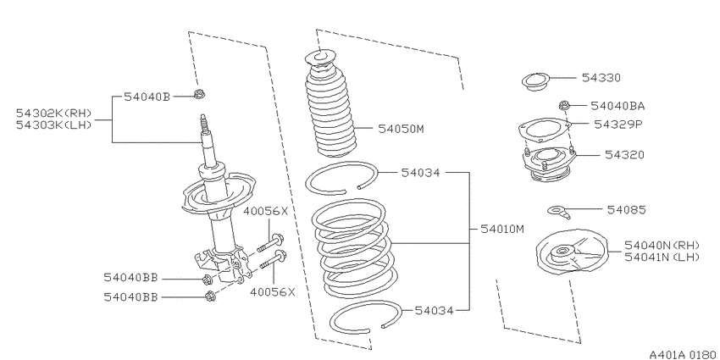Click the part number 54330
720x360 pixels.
601,78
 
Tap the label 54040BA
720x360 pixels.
618,106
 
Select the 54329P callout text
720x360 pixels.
618,125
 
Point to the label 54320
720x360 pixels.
624,155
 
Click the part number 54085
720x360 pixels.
626,210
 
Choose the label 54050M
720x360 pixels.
401,129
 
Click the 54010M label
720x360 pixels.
502,229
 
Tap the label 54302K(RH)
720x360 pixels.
54,113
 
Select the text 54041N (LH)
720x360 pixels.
662,258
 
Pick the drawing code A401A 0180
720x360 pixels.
683,354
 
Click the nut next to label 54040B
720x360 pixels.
199,95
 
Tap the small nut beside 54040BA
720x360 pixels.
564,106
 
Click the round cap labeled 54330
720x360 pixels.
535,82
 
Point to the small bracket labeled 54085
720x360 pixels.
559,212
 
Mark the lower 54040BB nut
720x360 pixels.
210,296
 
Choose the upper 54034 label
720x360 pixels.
420,173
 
